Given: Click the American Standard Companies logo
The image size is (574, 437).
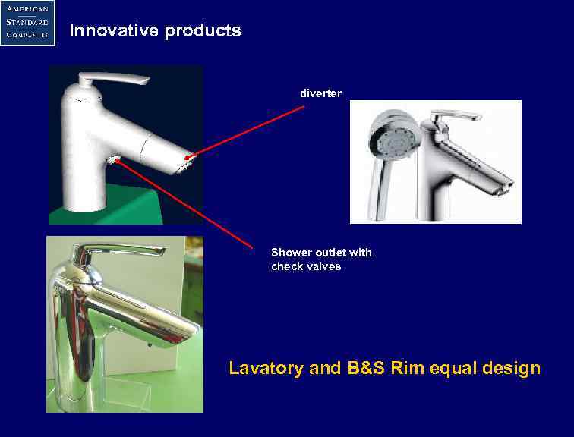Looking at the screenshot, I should tap(27, 22).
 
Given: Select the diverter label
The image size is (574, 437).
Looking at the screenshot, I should tap(320, 93).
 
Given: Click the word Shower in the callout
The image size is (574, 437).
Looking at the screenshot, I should tap(291, 253).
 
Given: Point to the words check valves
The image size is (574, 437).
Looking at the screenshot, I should tap(306, 266).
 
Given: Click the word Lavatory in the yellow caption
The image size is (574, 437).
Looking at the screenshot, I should tap(266, 369).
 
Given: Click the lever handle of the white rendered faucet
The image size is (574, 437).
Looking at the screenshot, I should tap(114, 80).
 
